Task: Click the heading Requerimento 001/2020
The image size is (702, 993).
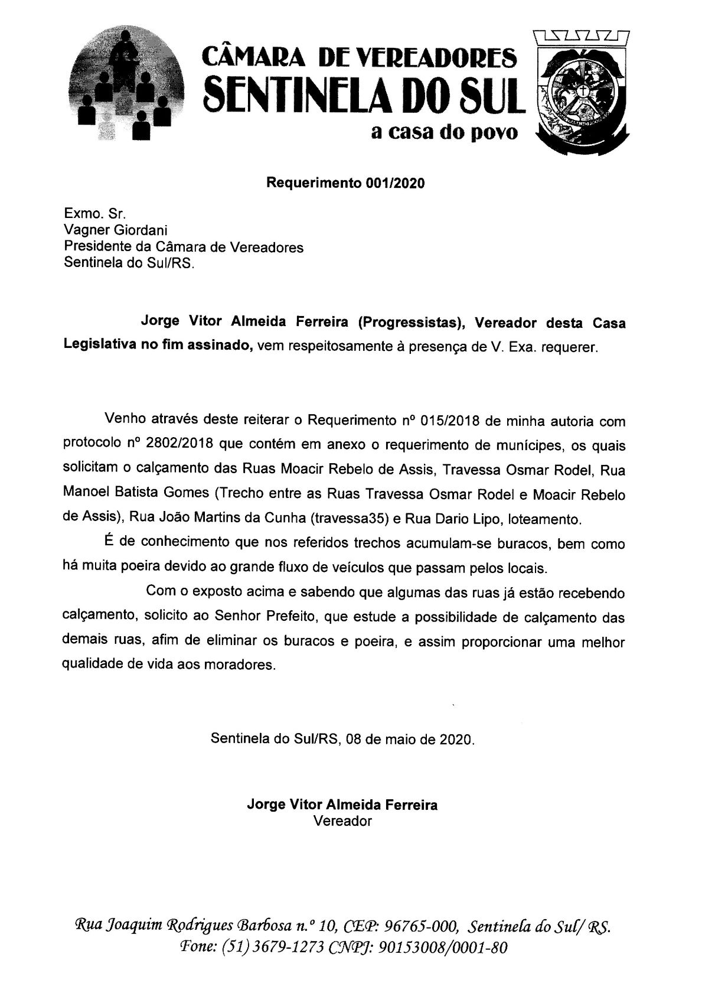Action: (345, 183)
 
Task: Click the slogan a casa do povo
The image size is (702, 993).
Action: (444, 134)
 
